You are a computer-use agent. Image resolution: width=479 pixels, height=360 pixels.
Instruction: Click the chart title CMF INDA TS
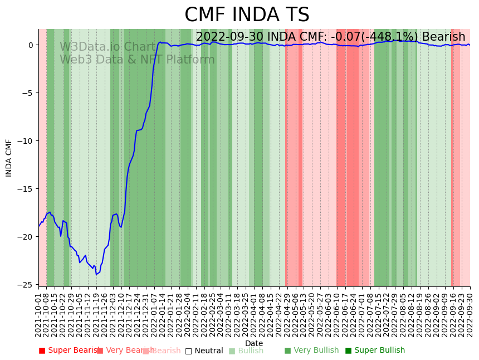click(247, 15)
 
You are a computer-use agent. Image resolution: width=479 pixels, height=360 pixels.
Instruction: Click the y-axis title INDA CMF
click(9, 158)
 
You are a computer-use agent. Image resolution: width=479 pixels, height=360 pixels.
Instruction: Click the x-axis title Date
click(254, 343)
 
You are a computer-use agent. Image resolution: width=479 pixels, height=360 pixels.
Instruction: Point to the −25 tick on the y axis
click(27, 285)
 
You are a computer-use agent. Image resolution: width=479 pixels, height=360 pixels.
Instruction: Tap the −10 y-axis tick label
click(27, 141)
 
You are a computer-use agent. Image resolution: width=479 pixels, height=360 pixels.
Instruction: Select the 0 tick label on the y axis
click(32, 45)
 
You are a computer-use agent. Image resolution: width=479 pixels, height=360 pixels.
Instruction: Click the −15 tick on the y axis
click(27, 189)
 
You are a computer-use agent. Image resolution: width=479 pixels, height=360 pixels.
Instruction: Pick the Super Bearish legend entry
click(69, 351)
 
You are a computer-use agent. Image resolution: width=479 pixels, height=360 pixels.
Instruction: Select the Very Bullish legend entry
click(311, 351)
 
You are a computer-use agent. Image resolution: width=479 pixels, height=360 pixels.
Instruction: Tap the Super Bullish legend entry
click(375, 351)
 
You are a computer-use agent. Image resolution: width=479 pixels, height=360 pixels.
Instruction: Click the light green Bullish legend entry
click(246, 351)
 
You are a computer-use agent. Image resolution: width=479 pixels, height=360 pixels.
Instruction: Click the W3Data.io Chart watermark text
click(107, 47)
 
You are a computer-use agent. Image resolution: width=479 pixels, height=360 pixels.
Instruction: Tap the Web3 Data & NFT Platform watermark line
click(137, 60)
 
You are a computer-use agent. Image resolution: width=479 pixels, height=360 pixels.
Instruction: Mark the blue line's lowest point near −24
click(96, 274)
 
